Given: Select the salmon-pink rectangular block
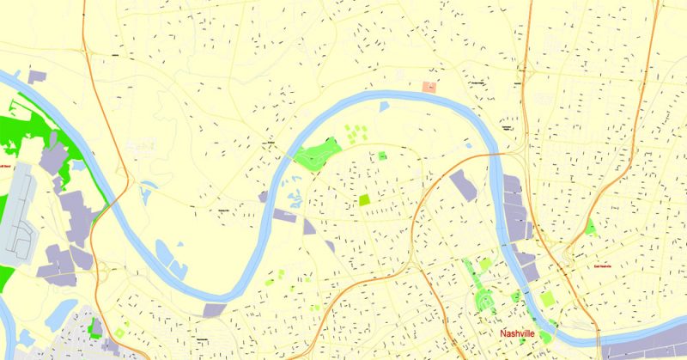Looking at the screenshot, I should [429, 87].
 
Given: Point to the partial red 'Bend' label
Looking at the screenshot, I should [5, 166].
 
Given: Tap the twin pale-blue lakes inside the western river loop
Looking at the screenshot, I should [168, 258].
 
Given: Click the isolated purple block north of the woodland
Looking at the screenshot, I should [36, 77].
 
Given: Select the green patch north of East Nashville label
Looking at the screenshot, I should [591, 226].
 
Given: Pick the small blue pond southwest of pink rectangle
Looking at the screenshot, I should [384, 107].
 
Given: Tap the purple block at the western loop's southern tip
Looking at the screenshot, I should [213, 309].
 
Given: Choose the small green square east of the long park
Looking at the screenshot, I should [381, 156].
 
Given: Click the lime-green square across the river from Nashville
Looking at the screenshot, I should [546, 298].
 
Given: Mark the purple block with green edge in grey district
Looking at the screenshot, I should [97, 327].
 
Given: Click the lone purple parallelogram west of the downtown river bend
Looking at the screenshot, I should [463, 185].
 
